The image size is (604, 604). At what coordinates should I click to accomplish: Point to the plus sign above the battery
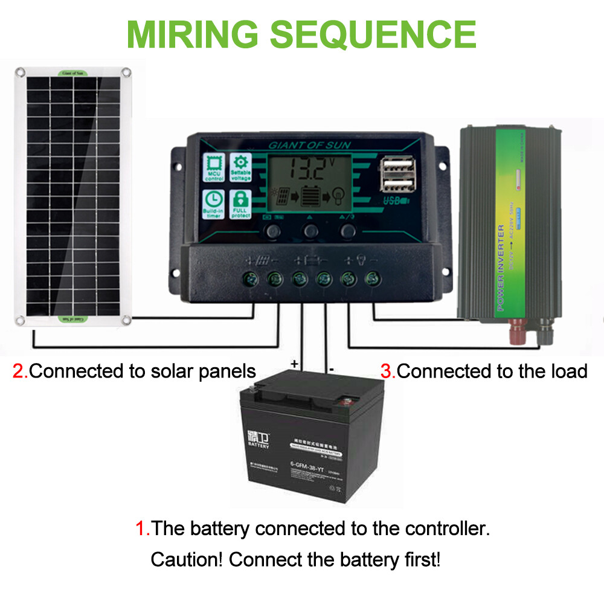(x=295, y=364)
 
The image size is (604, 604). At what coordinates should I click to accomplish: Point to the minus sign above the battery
(x=331, y=367)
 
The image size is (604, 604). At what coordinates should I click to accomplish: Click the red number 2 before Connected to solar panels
(x=19, y=371)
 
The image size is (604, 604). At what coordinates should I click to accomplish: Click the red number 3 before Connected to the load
(x=387, y=371)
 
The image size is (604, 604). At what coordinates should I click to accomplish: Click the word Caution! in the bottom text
(x=187, y=559)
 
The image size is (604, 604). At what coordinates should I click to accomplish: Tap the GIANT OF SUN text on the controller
(x=309, y=146)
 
